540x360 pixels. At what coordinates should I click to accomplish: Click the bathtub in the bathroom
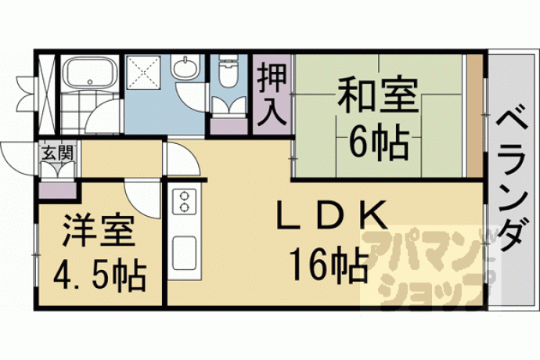click(x=91, y=72)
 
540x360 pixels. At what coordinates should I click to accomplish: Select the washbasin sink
click(x=185, y=67)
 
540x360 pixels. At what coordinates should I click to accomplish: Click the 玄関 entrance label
click(x=57, y=153)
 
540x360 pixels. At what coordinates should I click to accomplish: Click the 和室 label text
click(x=377, y=95)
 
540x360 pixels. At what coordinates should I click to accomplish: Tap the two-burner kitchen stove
click(x=184, y=202)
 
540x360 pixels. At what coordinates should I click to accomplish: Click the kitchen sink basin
click(x=184, y=254)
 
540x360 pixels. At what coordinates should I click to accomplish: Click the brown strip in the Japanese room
click(x=475, y=116)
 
